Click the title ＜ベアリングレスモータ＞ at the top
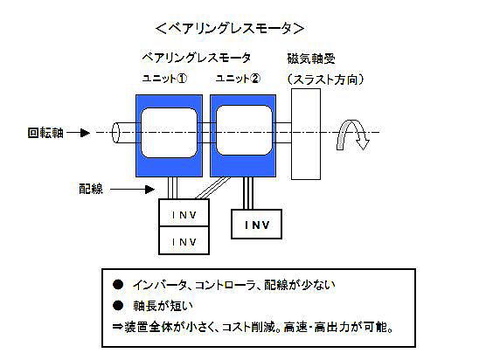tap(230, 28)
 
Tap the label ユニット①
tap(164, 79)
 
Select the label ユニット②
tap(238, 79)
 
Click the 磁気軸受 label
tap(311, 59)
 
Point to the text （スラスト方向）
tap(325, 80)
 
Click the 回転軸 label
tap(45, 133)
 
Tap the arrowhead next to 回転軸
tap(85, 133)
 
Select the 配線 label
tap(91, 190)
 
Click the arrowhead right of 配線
tap(149, 190)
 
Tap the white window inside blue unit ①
tap(170, 133)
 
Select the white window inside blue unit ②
tap(244, 130)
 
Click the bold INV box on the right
tap(257, 225)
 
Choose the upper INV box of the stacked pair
tap(184, 213)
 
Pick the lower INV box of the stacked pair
tap(184, 240)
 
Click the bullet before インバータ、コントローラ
tap(118, 285)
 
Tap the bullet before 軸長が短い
tap(118, 306)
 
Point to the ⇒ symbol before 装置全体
tap(117, 327)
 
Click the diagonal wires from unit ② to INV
tap(213, 188)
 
